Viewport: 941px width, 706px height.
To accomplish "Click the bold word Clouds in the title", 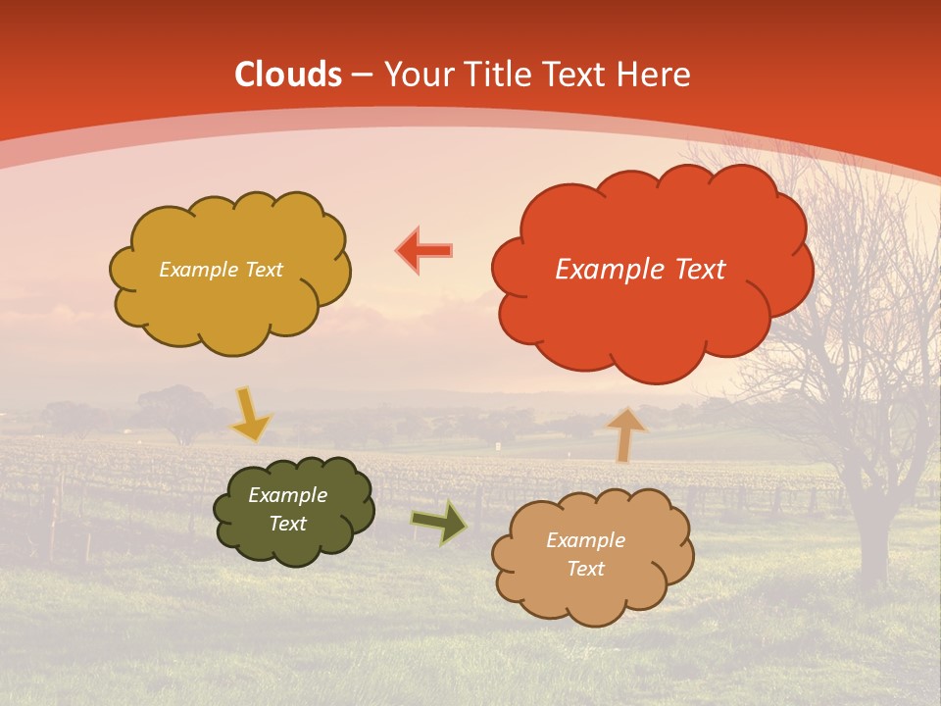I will (288, 75).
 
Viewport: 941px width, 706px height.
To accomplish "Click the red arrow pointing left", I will (423, 251).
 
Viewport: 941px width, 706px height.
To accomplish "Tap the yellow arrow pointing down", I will (249, 415).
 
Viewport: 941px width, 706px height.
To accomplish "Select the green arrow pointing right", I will (438, 522).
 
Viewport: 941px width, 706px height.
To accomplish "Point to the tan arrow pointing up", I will (626, 434).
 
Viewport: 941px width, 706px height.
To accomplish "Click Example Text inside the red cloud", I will (640, 270).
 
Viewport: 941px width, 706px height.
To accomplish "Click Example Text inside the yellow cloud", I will (221, 270).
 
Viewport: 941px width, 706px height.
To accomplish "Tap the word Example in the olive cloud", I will (287, 495).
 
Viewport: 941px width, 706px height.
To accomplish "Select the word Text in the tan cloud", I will (585, 569).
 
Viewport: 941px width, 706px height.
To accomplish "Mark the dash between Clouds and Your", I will (363, 76).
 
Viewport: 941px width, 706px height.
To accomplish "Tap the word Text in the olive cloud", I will (287, 524).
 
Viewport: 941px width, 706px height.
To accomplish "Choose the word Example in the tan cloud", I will (585, 540).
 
